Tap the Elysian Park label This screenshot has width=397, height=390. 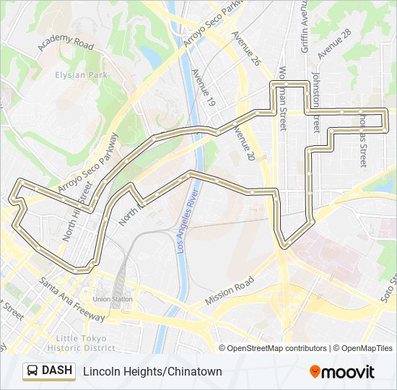[x=81, y=74]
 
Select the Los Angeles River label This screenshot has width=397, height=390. [x=186, y=217]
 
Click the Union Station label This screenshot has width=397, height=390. [x=113, y=299]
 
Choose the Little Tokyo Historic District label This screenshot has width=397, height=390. [x=81, y=343]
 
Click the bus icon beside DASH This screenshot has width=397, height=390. [x=33, y=371]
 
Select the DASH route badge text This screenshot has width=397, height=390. [x=58, y=371]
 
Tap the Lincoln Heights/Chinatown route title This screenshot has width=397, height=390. [x=152, y=372]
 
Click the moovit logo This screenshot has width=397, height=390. [x=342, y=372]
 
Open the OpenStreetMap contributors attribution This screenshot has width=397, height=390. [x=277, y=348]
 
